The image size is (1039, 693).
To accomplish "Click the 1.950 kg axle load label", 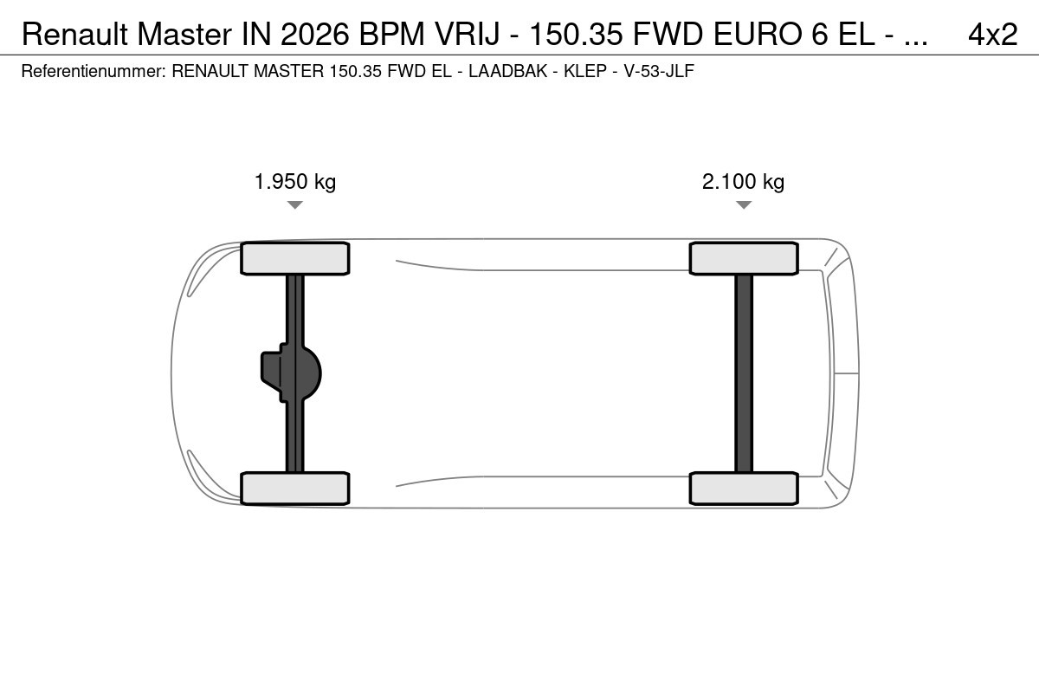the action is pos(295,182).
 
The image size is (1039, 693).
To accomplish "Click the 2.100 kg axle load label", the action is pos(743,182).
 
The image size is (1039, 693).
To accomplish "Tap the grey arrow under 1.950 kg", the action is pos(295,204).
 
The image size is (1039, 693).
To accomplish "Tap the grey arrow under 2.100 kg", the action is pos(744,204).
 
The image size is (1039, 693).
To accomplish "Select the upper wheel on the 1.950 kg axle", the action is pos(295,258).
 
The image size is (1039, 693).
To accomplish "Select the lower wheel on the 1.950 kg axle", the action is pos(295,489).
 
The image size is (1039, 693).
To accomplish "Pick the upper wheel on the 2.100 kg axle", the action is pos(744,258).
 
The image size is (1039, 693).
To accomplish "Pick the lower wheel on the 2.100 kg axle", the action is pos(744,489).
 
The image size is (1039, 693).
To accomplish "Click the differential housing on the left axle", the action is pos(291,372).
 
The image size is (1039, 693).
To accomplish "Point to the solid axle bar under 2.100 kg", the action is pos(744,373).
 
